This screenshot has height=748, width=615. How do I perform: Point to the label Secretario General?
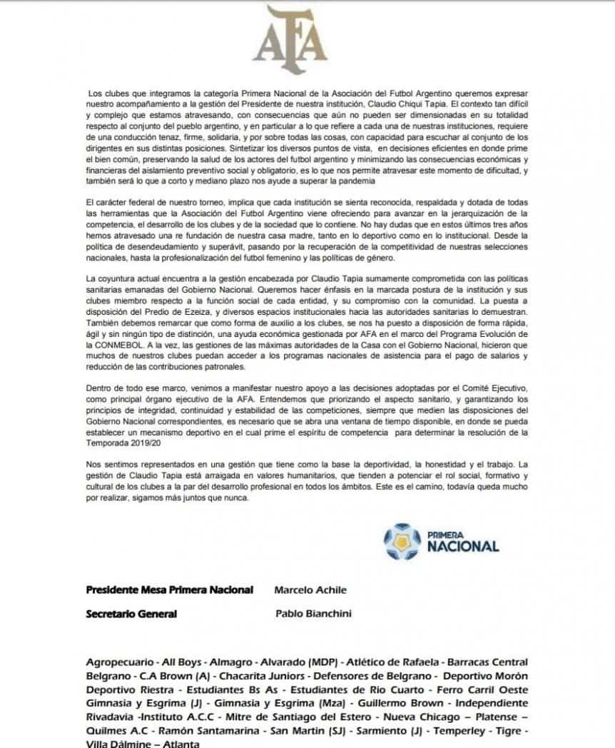[131, 613]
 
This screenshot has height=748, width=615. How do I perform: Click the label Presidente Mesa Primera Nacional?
[169, 590]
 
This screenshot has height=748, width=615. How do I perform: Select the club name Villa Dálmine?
[117, 744]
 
